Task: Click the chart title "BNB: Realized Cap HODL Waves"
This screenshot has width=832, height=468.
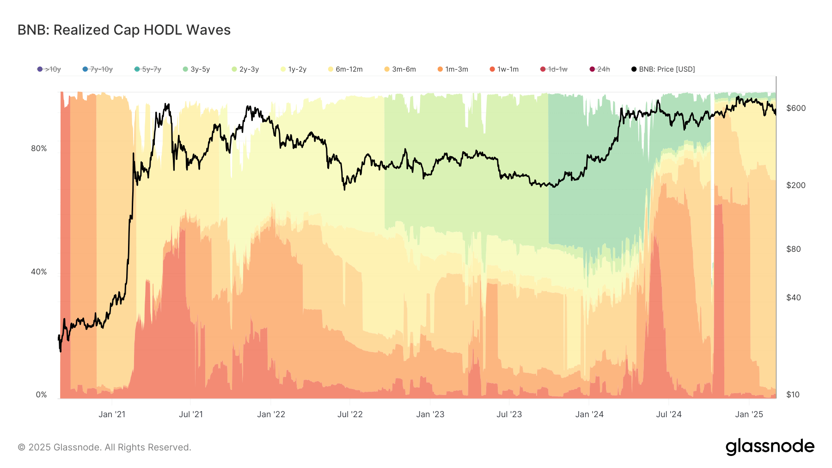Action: [x=124, y=30]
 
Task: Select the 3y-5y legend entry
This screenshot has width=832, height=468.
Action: [x=196, y=69]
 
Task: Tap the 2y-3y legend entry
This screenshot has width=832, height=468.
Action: [x=245, y=69]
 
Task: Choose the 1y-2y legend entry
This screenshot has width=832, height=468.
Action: [x=294, y=69]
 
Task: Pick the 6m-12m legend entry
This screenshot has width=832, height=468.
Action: [x=345, y=69]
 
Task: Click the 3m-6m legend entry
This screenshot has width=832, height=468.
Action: [x=400, y=69]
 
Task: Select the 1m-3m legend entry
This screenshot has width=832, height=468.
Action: [x=453, y=69]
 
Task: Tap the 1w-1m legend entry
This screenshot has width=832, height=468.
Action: [x=504, y=69]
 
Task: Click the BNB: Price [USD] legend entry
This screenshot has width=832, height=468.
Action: [x=663, y=69]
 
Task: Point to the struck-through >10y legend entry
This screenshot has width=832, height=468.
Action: [x=49, y=69]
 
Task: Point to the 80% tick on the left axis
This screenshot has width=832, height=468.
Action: [x=39, y=148]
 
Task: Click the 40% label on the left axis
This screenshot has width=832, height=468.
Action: [x=39, y=272]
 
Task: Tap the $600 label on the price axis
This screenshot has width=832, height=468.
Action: [x=796, y=108]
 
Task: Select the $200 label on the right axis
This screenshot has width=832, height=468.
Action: [x=796, y=185]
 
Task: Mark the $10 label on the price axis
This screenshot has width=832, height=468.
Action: [x=793, y=395]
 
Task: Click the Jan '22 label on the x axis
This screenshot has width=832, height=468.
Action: [x=271, y=414]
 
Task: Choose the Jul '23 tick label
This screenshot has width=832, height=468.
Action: [x=509, y=414]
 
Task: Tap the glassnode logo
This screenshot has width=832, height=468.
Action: [x=770, y=447]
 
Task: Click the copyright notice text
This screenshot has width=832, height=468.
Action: [x=104, y=447]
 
